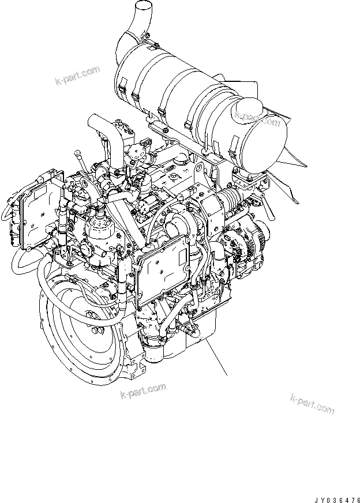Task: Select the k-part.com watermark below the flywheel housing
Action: (143, 391)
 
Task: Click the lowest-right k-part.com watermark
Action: (313, 404)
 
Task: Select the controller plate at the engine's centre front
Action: (163, 266)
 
